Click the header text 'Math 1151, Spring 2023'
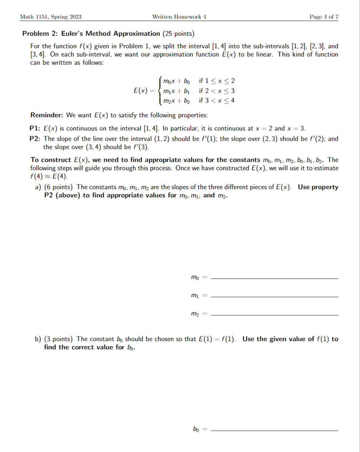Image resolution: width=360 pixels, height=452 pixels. (x=51, y=17)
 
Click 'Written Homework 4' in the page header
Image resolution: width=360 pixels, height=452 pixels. (x=179, y=17)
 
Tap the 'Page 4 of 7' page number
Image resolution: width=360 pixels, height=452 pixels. (x=324, y=17)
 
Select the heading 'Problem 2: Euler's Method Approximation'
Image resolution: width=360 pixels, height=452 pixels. (x=91, y=34)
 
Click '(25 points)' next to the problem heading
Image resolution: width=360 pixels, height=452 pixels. (x=178, y=34)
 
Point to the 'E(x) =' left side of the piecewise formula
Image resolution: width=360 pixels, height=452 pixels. (x=144, y=90)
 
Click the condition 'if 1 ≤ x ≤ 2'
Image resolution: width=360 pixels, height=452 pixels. (x=217, y=81)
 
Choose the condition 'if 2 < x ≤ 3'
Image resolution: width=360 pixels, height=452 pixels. (x=217, y=91)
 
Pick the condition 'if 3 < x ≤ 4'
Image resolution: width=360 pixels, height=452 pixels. (x=217, y=100)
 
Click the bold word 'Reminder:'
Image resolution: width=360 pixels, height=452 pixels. (x=47, y=115)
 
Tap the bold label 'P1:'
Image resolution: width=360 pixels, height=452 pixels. (x=35, y=129)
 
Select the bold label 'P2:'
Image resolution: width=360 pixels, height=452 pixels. (x=35, y=139)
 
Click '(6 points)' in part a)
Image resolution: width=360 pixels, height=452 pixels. (x=58, y=187)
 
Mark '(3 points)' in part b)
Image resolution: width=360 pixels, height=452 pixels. (x=58, y=339)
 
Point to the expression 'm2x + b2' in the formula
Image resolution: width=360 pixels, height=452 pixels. (x=176, y=101)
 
